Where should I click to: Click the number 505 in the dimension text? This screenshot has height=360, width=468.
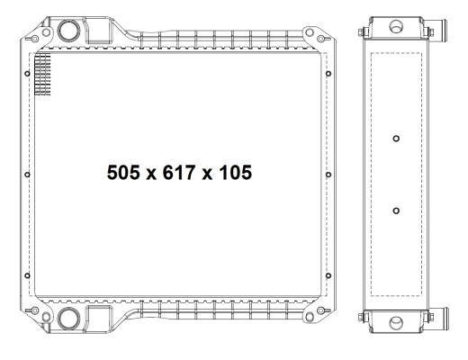click(123, 173)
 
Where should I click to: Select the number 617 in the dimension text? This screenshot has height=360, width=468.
click(179, 173)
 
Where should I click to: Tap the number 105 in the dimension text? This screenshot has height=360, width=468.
click(236, 173)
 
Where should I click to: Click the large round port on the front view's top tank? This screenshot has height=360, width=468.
click(69, 31)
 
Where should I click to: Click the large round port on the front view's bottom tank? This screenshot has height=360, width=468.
click(69, 319)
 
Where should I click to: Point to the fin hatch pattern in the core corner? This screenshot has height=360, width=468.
click(43, 75)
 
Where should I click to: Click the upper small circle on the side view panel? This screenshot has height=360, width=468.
click(396, 139)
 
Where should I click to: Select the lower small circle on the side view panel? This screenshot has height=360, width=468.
click(396, 211)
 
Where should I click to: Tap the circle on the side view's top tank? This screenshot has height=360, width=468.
click(396, 26)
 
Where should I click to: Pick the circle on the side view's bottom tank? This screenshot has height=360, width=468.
click(396, 323)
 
